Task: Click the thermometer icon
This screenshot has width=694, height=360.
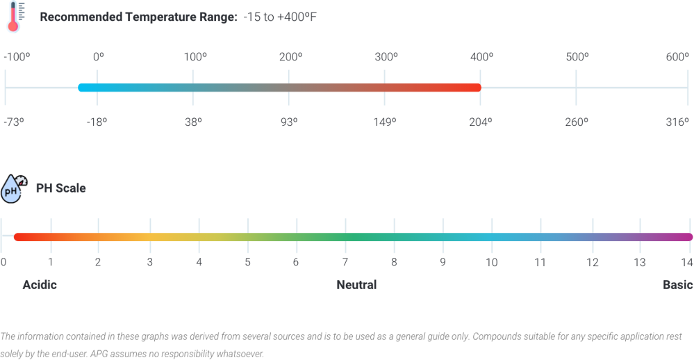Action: [13, 17]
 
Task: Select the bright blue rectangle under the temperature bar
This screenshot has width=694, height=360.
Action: [144, 104]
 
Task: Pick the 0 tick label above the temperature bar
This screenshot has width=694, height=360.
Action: [98, 58]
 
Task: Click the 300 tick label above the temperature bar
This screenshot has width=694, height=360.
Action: [386, 58]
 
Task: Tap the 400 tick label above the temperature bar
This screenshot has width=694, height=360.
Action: [481, 58]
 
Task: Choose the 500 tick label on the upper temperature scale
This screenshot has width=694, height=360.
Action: [577, 58]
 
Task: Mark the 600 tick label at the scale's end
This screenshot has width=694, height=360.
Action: [677, 58]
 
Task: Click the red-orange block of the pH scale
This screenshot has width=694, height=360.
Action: [74, 261]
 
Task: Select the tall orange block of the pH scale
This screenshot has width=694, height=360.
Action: [124, 265]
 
